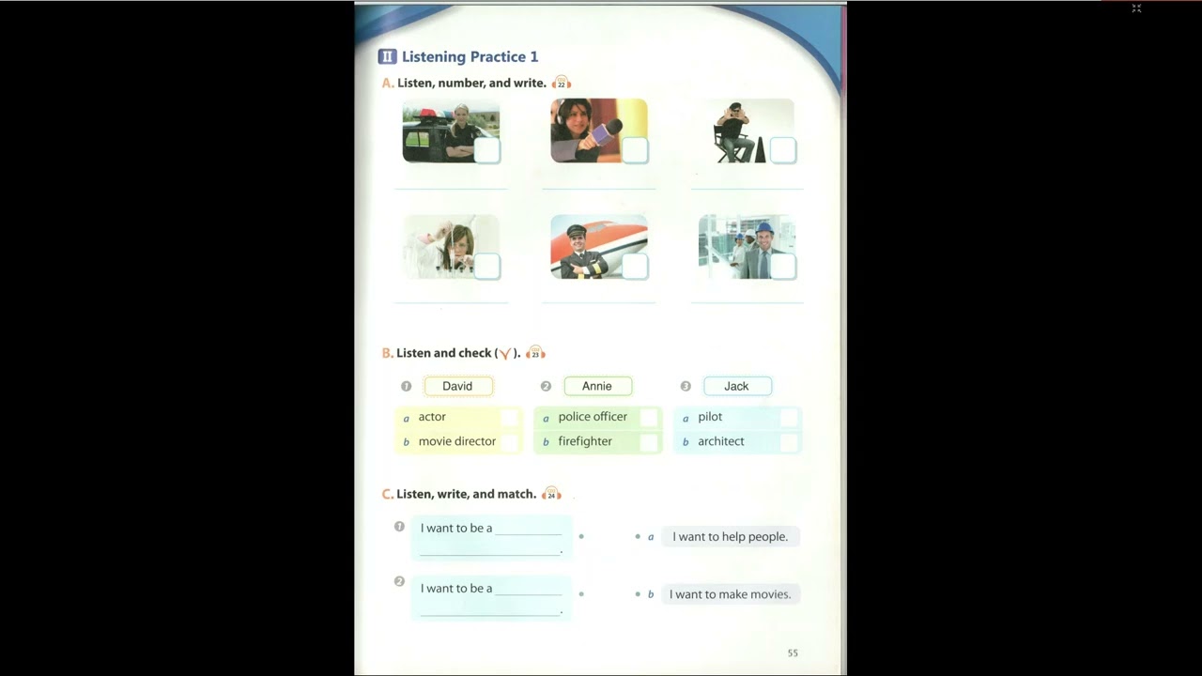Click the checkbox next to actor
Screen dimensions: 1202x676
point(509,418)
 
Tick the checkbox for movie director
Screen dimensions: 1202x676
point(509,442)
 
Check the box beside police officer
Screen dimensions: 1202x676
point(649,418)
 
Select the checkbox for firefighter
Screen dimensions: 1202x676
point(649,442)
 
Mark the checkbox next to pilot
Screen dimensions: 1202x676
point(788,418)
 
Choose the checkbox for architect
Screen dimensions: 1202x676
point(788,442)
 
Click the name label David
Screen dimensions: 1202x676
point(457,386)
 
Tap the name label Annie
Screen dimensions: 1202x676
point(597,386)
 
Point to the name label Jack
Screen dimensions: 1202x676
point(737,386)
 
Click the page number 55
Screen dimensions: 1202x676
point(793,653)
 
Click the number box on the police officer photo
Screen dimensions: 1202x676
point(487,150)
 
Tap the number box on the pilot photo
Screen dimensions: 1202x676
point(636,266)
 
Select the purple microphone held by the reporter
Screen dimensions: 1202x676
point(604,134)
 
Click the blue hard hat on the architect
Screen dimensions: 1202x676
point(764,227)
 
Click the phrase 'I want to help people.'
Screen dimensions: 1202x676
point(731,536)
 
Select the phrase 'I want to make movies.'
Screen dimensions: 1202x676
point(731,594)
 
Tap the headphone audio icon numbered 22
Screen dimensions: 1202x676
point(562,83)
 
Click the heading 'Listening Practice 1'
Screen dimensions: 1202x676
point(470,57)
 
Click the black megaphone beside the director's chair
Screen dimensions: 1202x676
point(760,150)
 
